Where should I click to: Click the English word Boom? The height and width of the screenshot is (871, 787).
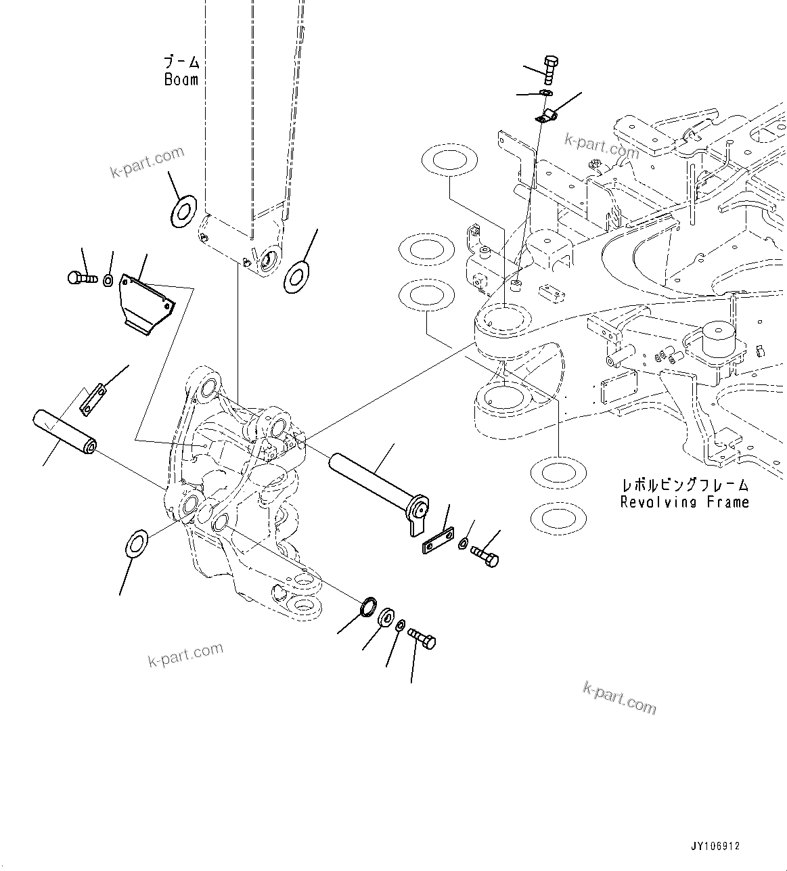click(181, 80)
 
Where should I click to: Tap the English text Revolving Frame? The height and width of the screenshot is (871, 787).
click(684, 502)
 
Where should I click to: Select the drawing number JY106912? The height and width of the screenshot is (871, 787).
click(715, 847)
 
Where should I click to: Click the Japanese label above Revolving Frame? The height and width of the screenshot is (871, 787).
click(685, 485)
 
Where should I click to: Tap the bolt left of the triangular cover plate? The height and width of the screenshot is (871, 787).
click(81, 277)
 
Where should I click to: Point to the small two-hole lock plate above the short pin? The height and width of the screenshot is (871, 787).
click(93, 399)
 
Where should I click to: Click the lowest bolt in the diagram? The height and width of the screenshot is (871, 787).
click(424, 637)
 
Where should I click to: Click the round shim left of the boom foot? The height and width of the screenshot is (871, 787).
click(182, 210)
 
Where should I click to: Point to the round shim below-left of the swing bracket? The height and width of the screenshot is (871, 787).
click(139, 542)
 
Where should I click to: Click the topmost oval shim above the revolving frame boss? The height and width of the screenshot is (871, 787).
click(448, 160)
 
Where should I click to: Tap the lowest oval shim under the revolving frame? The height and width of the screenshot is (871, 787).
click(558, 518)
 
